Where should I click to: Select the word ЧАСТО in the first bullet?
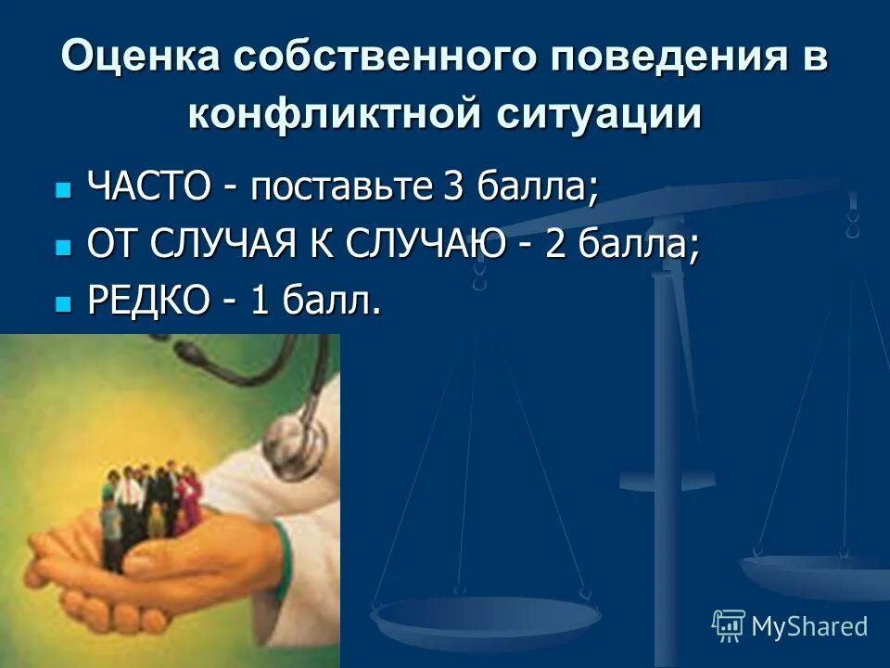click(148, 187)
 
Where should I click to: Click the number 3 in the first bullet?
click(453, 187)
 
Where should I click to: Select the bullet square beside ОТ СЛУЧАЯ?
click(63, 248)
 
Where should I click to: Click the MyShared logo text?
click(809, 626)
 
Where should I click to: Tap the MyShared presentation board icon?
click(729, 625)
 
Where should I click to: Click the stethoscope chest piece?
click(298, 445)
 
